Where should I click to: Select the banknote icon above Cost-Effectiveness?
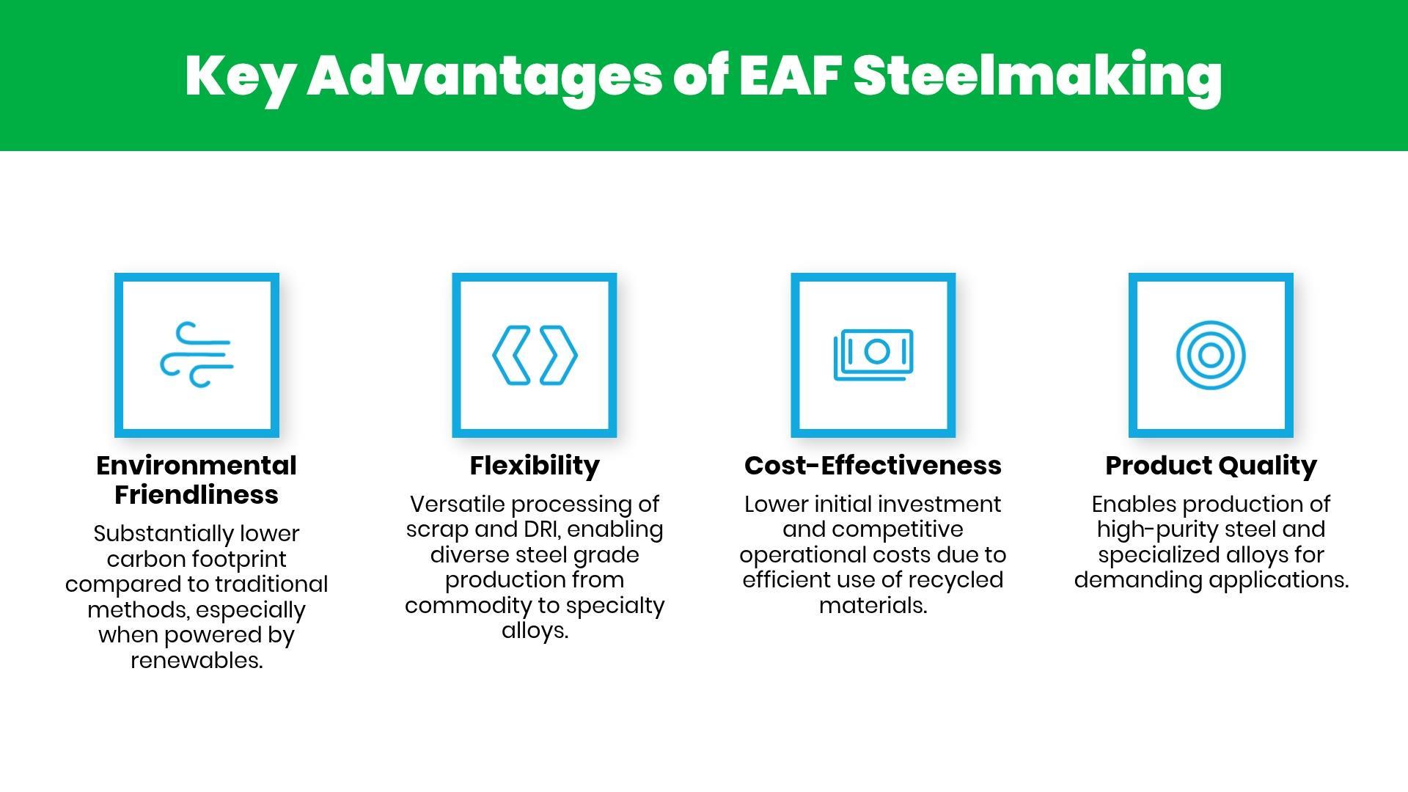tap(873, 355)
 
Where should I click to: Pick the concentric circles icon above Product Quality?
tap(1211, 356)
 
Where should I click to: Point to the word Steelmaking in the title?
tap(1038, 80)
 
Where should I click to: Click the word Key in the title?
tap(238, 80)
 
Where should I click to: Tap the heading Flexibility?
tap(535, 466)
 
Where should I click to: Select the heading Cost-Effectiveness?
tap(873, 466)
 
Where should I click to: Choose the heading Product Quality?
tap(1211, 466)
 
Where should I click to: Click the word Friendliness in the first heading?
tap(197, 495)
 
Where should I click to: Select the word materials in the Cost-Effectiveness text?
tap(873, 606)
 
